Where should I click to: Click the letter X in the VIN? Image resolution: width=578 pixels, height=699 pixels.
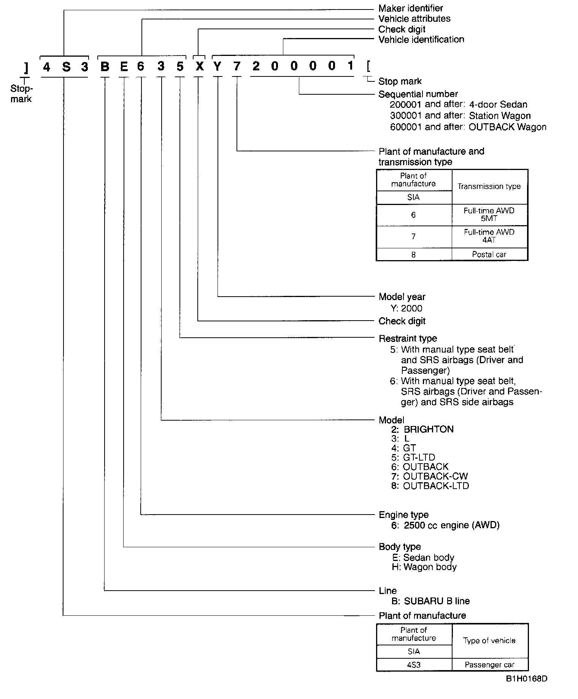199,67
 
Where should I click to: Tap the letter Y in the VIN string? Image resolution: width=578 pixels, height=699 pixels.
217,67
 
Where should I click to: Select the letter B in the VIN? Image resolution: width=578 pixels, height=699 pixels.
105,67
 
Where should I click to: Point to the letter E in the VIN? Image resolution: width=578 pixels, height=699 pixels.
124,67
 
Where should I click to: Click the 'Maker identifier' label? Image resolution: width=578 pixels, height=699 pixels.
410,8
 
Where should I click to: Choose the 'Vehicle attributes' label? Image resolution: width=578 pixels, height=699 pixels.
414,19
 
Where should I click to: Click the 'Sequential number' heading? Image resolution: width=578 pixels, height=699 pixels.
418,94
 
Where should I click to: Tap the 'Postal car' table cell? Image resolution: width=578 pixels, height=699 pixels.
489,254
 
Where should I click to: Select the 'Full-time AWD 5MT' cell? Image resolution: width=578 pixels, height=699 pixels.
489,215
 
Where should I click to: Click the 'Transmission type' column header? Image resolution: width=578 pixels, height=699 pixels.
489,186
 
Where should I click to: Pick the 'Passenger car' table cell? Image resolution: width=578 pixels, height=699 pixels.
489,665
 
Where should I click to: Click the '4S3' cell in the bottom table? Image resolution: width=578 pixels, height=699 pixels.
414,665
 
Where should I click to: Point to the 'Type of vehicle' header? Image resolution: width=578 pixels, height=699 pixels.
489,640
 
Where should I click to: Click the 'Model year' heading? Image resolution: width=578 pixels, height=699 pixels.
402,297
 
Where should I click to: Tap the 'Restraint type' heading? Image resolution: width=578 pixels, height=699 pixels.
408,338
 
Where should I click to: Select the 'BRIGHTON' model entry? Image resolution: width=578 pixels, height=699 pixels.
428,429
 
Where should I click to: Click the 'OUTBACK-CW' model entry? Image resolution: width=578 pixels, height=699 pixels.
435,476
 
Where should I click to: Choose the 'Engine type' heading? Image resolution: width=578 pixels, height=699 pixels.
403,515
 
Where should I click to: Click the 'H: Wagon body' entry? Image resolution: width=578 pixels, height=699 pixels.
424,567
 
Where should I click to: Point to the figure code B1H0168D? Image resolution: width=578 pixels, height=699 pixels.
526,679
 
